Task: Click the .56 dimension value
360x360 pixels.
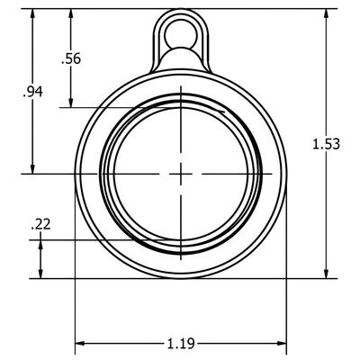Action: [70, 59]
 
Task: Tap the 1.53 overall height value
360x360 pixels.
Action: [325, 144]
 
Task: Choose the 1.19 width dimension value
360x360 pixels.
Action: [181, 343]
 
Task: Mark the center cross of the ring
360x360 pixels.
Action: [181, 171]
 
